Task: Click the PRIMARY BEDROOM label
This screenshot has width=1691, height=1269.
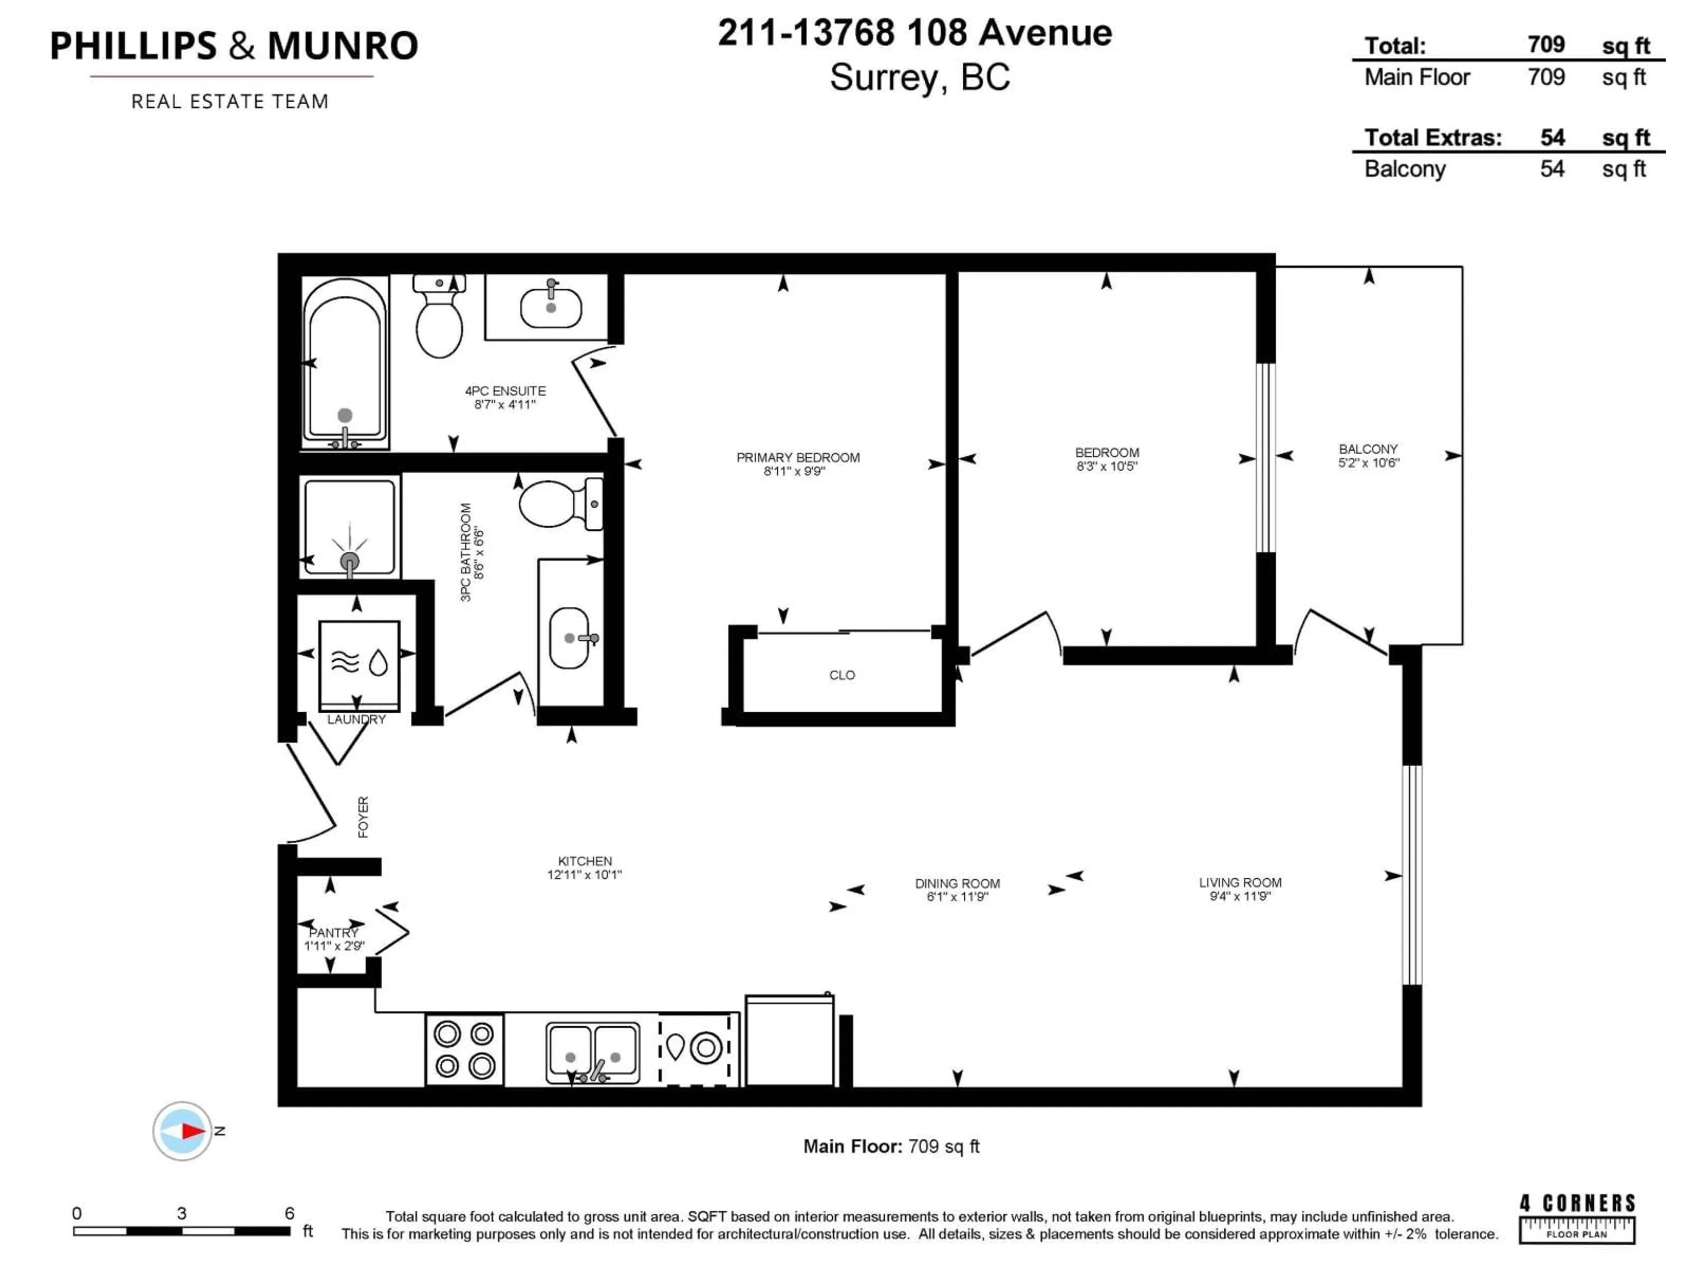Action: pyautogui.click(x=798, y=457)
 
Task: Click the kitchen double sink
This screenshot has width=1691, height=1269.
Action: pyautogui.click(x=592, y=1053)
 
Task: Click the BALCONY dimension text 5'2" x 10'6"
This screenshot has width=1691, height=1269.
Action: pyautogui.click(x=1368, y=463)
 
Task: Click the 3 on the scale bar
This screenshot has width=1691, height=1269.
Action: pyautogui.click(x=181, y=1213)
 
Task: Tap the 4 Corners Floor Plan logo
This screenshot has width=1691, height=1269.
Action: pyautogui.click(x=1577, y=1218)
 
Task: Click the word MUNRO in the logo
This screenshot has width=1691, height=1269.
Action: pyautogui.click(x=343, y=46)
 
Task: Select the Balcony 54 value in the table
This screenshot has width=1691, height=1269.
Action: pyautogui.click(x=1552, y=169)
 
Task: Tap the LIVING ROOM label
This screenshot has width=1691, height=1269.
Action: pyautogui.click(x=1240, y=883)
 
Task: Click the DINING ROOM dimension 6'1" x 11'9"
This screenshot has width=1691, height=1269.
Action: pyautogui.click(x=957, y=897)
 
